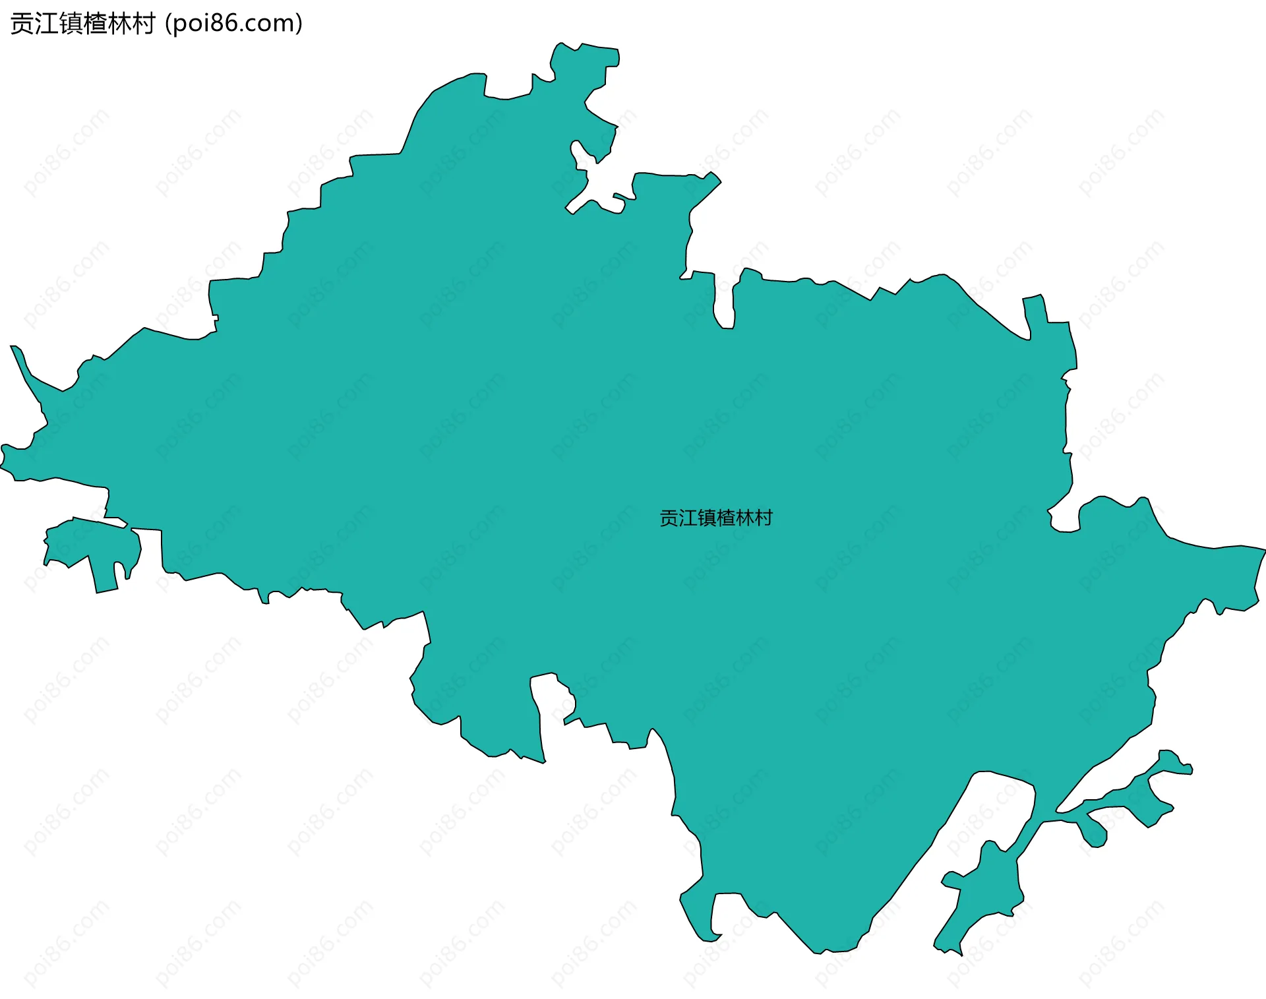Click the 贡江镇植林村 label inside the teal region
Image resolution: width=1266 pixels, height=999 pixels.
pyautogui.click(x=715, y=518)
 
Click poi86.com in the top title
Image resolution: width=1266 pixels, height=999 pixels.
pyautogui.click(x=233, y=24)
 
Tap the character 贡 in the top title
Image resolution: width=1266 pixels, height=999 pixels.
pyautogui.click(x=22, y=24)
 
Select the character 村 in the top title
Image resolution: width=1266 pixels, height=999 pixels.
pyautogui.click(x=143, y=24)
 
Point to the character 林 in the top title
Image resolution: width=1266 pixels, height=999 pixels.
pyautogui.click(x=119, y=24)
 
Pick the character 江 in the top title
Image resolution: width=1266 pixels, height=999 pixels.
pyautogui.click(x=46, y=24)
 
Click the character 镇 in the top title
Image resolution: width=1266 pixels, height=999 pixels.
pyautogui.click(x=71, y=24)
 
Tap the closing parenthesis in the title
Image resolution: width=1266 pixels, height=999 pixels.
pyautogui.click(x=299, y=24)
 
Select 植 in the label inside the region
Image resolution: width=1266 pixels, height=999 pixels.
pyautogui.click(x=725, y=518)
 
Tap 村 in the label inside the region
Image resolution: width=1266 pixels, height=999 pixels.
pyautogui.click(x=764, y=518)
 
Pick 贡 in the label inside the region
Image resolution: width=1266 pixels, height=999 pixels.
pyautogui.click(x=669, y=518)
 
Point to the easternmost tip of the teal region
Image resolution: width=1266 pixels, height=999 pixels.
pyautogui.click(x=1261, y=550)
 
